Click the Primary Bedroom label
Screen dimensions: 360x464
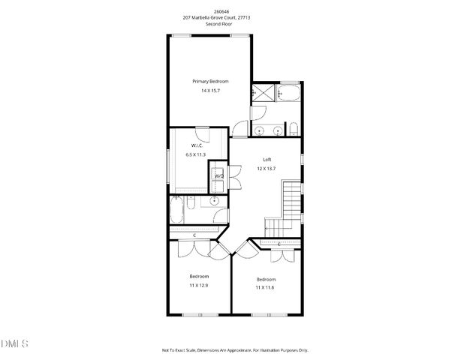click(x=210, y=81)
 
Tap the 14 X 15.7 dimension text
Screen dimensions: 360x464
click(x=210, y=91)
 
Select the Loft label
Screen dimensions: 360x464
click(x=267, y=159)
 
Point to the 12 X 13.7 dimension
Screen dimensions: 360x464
click(x=267, y=168)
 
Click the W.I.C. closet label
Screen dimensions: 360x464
click(x=197, y=145)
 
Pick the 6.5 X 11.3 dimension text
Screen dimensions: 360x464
click(x=196, y=154)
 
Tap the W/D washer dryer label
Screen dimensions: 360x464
click(x=219, y=175)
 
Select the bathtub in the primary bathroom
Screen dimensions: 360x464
click(x=288, y=94)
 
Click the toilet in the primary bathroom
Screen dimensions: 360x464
click(x=294, y=130)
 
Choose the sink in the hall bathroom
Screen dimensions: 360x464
click(x=215, y=200)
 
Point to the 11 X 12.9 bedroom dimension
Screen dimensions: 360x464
click(x=199, y=286)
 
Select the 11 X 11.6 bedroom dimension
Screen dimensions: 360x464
click(x=266, y=287)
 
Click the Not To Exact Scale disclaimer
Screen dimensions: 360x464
click(x=235, y=349)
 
